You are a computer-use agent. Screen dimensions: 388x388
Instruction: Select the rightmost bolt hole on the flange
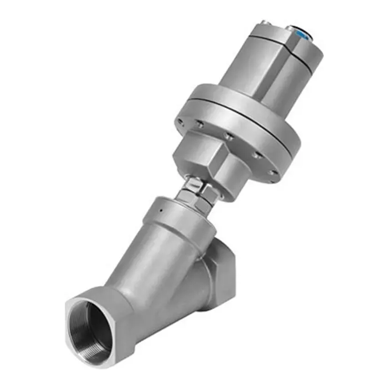pos(270,172)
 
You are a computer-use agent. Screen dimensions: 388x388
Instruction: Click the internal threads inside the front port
pos(91,327)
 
